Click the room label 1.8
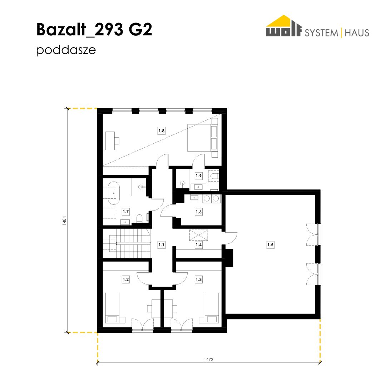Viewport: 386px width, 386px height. click(x=162, y=131)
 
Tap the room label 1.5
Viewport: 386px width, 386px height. click(x=270, y=245)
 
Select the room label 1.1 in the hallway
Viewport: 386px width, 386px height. click(x=161, y=245)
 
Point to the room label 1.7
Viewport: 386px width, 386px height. click(x=126, y=212)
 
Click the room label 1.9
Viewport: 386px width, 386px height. click(x=199, y=176)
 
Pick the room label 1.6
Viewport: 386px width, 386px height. click(x=199, y=212)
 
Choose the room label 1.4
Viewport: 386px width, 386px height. click(x=199, y=245)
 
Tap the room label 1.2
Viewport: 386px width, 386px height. click(x=126, y=279)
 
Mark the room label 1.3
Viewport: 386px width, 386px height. click(x=199, y=279)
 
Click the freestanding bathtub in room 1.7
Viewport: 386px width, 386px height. click(x=114, y=193)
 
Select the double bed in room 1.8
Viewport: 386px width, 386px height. click(x=203, y=138)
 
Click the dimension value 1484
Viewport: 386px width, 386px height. click(x=64, y=221)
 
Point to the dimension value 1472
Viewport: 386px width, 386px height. click(x=208, y=360)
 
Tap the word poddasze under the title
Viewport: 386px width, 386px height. click(x=66, y=50)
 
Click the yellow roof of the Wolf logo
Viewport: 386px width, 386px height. click(x=283, y=21)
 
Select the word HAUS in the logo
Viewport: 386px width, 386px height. click(x=357, y=33)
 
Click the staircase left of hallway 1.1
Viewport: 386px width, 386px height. click(x=127, y=243)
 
